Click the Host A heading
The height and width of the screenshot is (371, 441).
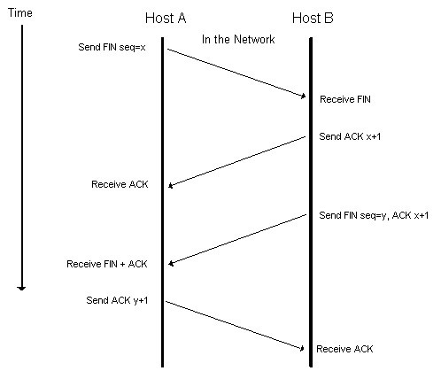click(166, 18)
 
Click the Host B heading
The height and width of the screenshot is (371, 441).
click(313, 18)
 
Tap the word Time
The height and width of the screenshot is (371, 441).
click(20, 12)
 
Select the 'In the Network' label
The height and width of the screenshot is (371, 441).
click(238, 39)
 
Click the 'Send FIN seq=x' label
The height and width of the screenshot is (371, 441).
click(112, 47)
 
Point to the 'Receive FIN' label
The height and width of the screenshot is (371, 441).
click(345, 99)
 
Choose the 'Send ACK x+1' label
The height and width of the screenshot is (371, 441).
click(350, 136)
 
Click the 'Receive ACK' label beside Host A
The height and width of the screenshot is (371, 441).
click(120, 184)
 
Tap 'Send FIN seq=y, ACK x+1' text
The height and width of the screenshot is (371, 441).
click(374, 215)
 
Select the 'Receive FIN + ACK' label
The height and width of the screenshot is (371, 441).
click(107, 264)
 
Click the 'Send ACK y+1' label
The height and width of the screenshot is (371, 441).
click(117, 300)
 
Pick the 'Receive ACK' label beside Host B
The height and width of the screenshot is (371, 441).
click(344, 349)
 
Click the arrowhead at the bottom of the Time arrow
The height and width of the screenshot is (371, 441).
click(21, 288)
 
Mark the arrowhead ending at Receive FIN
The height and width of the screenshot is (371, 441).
click(303, 96)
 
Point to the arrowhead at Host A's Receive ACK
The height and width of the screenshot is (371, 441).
click(170, 186)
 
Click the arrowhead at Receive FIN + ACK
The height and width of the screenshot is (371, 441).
click(171, 263)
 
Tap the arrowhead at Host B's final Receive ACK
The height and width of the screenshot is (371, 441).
click(302, 349)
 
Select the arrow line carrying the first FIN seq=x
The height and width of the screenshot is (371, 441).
click(236, 73)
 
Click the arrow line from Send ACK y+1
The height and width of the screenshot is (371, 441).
click(235, 325)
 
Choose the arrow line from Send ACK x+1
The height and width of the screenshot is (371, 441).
click(236, 162)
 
